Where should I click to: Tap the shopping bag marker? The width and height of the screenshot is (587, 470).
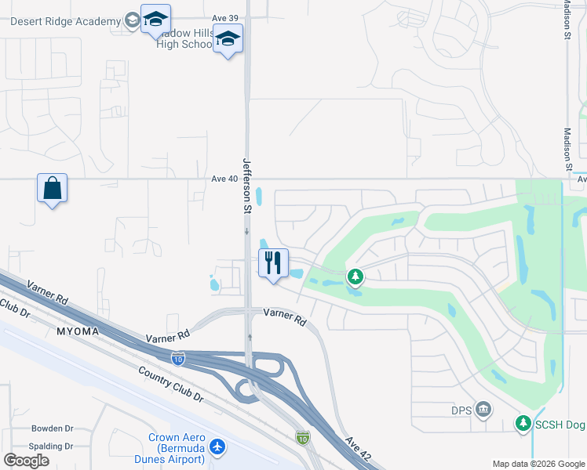52,189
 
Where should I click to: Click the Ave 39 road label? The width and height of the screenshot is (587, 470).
224,17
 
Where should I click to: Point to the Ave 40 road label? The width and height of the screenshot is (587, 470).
224,179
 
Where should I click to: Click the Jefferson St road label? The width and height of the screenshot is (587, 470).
246,186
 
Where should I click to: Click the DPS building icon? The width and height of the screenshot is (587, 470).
484,409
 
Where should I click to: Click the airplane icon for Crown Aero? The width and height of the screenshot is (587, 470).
217,447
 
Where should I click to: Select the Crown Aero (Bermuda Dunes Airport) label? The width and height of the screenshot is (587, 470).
177,447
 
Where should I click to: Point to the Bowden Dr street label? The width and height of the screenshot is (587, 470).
52,428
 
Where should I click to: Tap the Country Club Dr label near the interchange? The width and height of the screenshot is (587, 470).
170,385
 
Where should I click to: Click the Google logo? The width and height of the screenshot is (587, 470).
26,461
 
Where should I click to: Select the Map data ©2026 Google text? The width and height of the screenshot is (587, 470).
538,464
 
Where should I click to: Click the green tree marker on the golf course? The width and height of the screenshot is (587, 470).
355,276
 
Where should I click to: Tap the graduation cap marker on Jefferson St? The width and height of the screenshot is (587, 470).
228,38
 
